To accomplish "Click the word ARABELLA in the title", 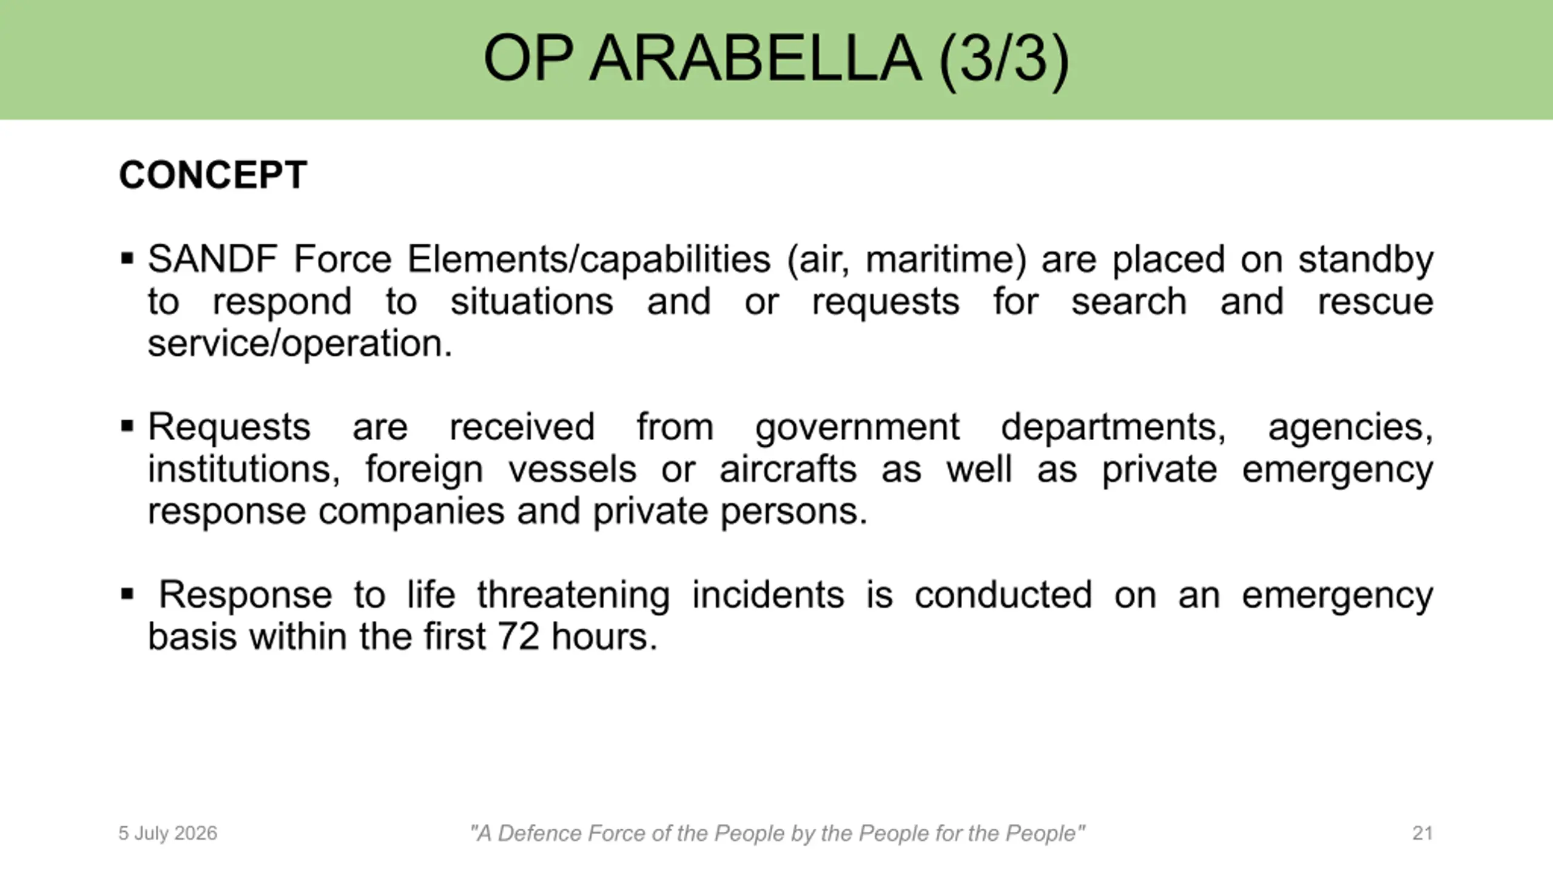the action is (755, 59).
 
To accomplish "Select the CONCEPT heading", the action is (213, 175).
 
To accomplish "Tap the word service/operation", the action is (300, 344).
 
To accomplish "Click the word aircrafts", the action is (788, 469).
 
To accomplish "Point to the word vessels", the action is (572, 469).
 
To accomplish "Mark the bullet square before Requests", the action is (127, 426).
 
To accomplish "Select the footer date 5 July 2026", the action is (167, 834).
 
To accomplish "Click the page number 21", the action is (1423, 833).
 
